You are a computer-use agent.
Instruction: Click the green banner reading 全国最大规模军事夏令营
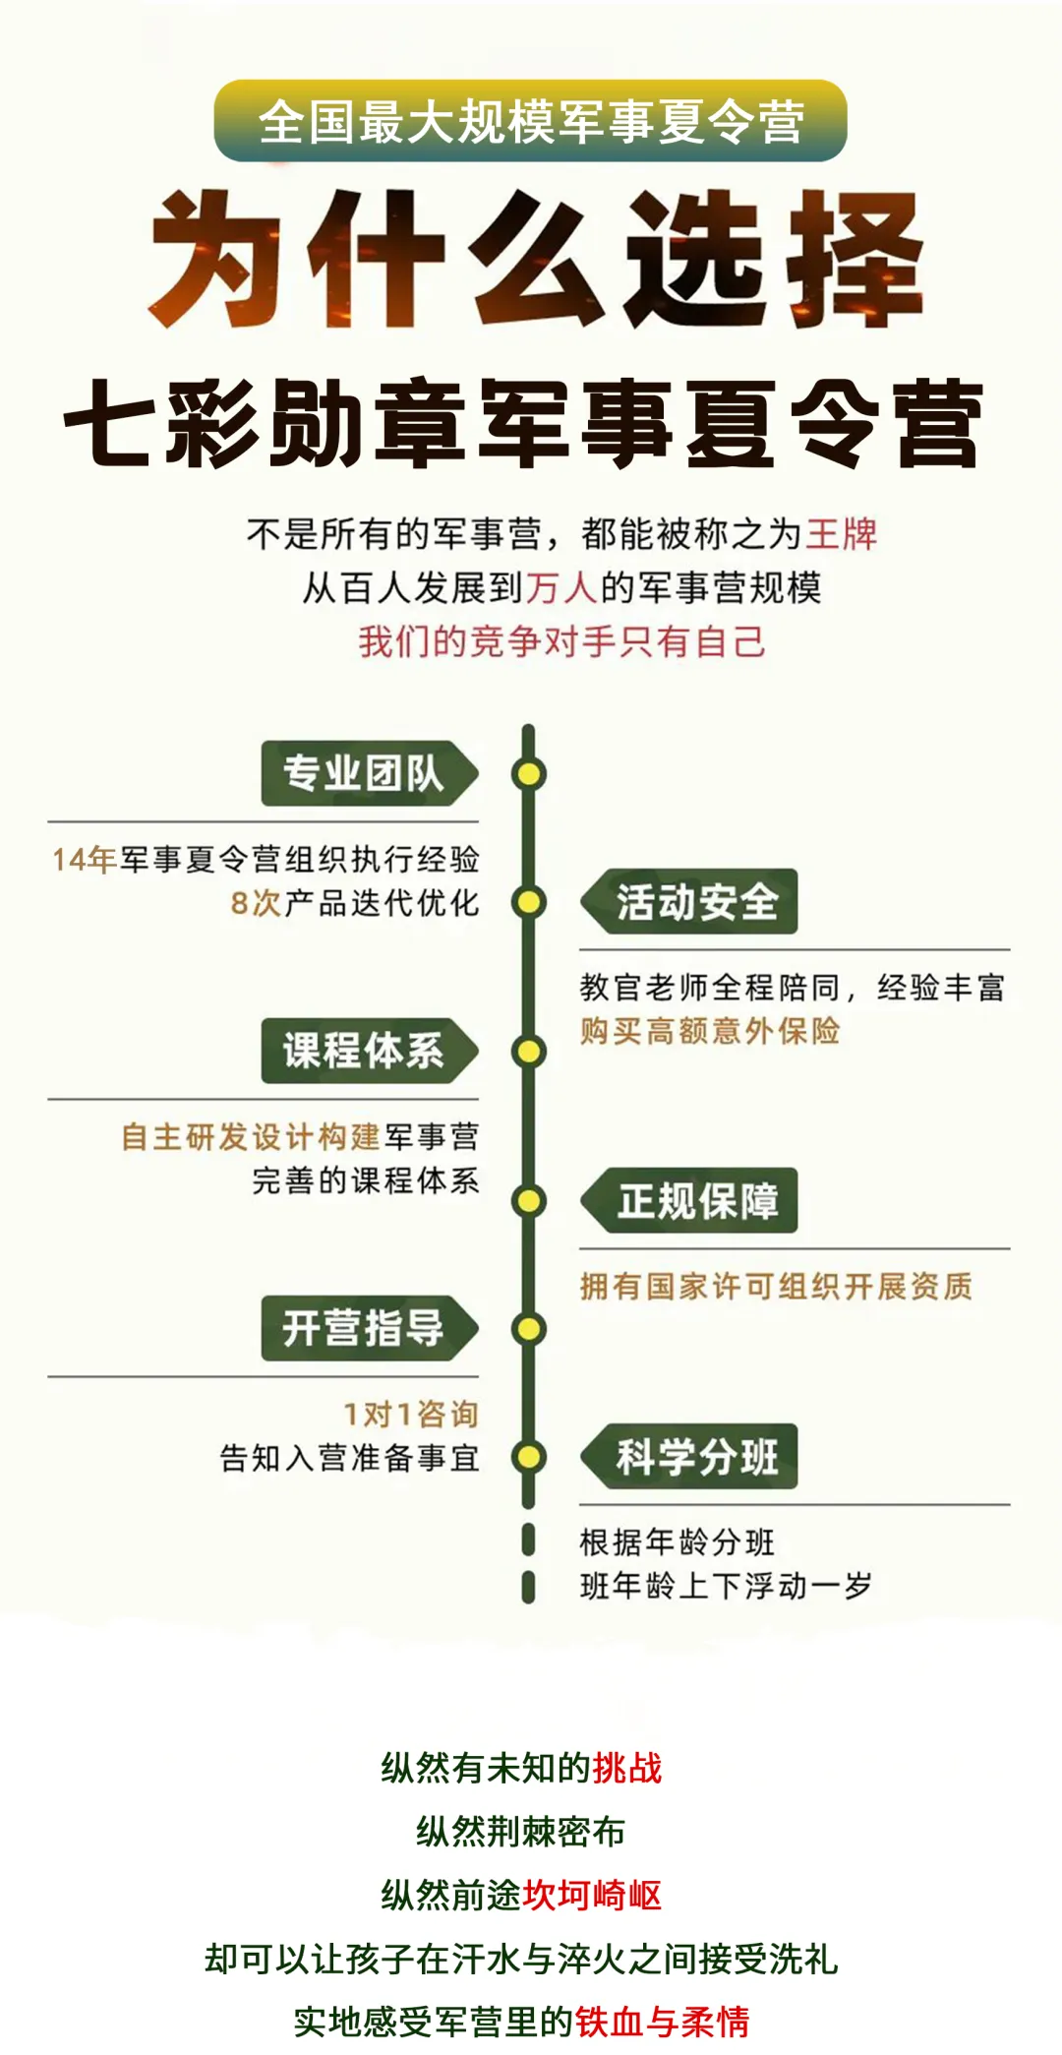(x=530, y=121)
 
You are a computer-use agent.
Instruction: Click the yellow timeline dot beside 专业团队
(x=529, y=774)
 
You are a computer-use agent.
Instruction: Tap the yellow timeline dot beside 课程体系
(x=529, y=1052)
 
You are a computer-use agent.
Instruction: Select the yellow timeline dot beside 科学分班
(x=529, y=1457)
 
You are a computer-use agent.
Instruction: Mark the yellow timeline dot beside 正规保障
(x=529, y=1201)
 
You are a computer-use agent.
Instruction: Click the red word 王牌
(x=842, y=534)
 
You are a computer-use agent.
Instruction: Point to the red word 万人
(x=561, y=588)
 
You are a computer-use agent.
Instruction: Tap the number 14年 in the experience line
(x=85, y=860)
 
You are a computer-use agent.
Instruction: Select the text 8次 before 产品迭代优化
(x=256, y=903)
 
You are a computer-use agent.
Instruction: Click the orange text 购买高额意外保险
(x=710, y=1031)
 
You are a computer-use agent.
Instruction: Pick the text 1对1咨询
(x=410, y=1415)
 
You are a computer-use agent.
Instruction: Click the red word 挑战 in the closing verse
(x=627, y=1769)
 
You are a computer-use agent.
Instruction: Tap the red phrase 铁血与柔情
(x=663, y=2023)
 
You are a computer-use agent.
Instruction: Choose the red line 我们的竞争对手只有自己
(x=561, y=641)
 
